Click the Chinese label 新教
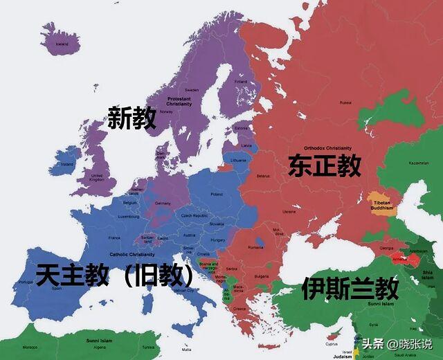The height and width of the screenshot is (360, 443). click(132, 118)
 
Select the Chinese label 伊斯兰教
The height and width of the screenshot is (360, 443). click(350, 287)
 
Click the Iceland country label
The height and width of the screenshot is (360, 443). click(62, 44)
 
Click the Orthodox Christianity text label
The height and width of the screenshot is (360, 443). click(327, 147)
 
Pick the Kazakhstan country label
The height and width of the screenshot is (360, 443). click(419, 163)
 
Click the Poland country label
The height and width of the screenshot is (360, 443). click(217, 195)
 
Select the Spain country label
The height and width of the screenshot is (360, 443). click(56, 289)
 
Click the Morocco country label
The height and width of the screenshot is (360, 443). click(29, 346)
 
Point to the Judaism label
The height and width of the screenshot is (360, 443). click(342, 356)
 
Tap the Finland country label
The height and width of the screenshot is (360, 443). click(240, 81)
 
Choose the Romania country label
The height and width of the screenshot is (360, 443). click(255, 247)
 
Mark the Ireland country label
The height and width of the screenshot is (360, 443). click(67, 165)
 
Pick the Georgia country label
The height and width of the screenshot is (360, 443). click(387, 248)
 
